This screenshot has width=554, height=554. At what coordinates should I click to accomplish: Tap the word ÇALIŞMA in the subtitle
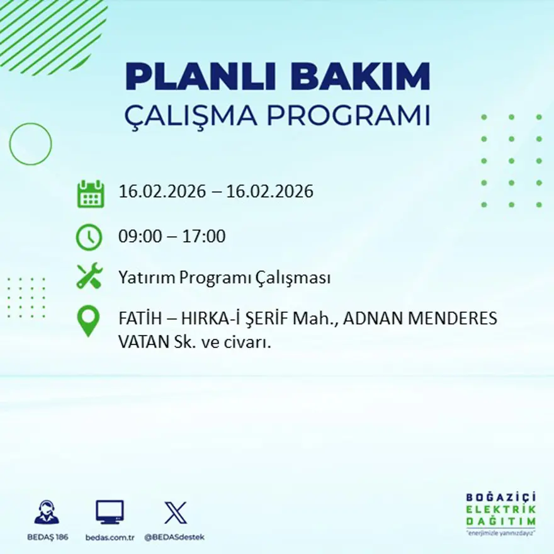(191, 116)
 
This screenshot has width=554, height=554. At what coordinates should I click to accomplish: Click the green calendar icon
(90, 195)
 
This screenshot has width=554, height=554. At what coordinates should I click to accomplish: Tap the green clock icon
(89, 237)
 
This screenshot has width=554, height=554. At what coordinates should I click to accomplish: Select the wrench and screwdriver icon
(89, 277)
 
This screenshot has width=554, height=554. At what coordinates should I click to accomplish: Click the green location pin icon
(88, 320)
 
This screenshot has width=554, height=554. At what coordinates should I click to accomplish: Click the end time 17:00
(204, 237)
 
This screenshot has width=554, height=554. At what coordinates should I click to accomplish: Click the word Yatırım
(146, 278)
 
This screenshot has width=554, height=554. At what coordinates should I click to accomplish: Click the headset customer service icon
(47, 512)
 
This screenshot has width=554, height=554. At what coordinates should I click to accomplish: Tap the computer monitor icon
(110, 512)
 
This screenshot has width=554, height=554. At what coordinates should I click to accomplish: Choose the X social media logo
(175, 512)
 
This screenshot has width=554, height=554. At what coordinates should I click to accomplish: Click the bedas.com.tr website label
(110, 537)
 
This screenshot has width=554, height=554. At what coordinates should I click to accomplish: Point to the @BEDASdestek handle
(174, 537)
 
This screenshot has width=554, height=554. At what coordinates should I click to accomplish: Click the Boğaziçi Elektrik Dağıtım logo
(501, 512)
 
